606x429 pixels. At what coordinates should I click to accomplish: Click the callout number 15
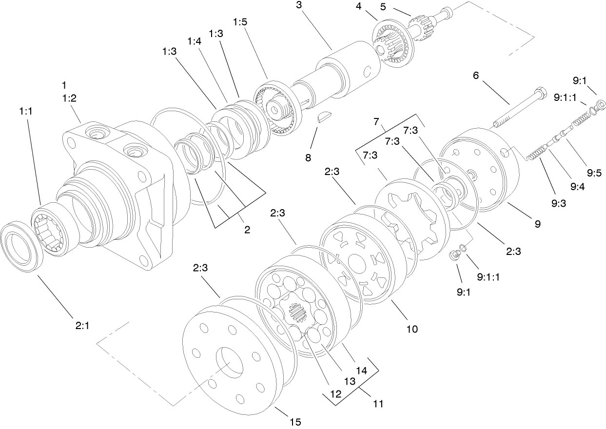295,422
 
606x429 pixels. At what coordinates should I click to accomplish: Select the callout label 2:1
82,326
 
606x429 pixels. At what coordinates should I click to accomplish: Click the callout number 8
308,157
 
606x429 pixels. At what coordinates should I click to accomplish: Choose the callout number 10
412,329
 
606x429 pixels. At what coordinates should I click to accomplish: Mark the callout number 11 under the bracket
378,404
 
